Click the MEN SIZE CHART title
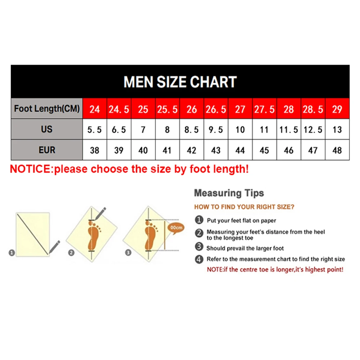click(180, 82)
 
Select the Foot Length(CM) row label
click(47, 108)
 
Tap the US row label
click(47, 129)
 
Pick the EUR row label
click(47, 150)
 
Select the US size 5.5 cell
click(95, 130)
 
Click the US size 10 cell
click(240, 130)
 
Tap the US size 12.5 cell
click(313, 130)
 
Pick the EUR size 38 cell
click(95, 150)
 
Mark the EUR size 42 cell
click(192, 150)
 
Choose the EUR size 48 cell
click(337, 150)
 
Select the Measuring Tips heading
click(229, 193)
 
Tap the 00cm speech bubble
click(176, 228)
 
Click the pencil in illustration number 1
click(54, 247)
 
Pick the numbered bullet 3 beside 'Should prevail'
click(199, 247)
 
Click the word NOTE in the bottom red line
click(215, 270)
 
